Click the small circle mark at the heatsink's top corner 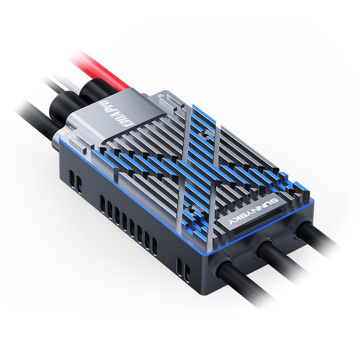161,96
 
